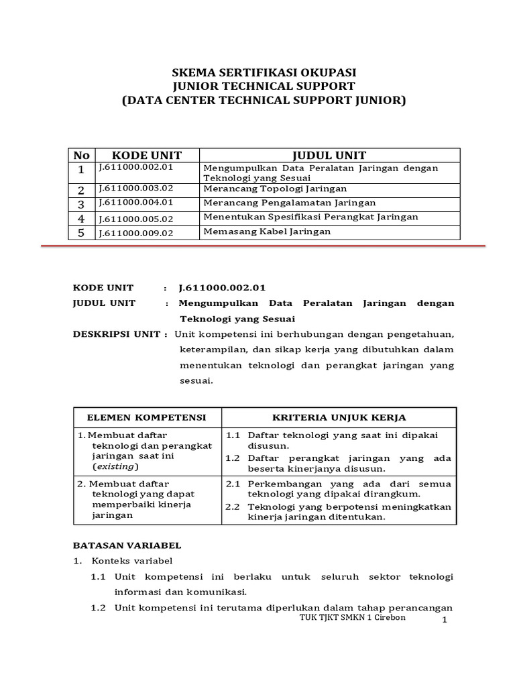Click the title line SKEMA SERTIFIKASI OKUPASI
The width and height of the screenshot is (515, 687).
pos(264,72)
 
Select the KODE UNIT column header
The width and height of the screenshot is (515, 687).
pos(146,156)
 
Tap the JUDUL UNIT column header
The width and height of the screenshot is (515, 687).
pos(329,156)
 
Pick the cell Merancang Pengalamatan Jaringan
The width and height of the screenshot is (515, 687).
pos(289,203)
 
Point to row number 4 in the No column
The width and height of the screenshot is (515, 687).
pos(81,218)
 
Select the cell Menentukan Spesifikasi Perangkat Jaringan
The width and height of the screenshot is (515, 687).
pos(310,217)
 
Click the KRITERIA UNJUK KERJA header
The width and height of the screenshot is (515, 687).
pos(339,417)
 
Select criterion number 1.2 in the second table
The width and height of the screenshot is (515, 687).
pos(233,458)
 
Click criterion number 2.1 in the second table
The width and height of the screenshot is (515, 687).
pos(233,484)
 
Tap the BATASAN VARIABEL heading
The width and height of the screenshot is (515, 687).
pos(127,545)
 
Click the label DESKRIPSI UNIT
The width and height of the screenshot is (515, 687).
pos(115,334)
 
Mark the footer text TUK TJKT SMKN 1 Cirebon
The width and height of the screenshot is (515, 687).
pos(352,617)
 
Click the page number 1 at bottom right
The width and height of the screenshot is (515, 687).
pos(444,622)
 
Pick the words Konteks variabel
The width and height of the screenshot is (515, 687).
pos(132,561)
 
